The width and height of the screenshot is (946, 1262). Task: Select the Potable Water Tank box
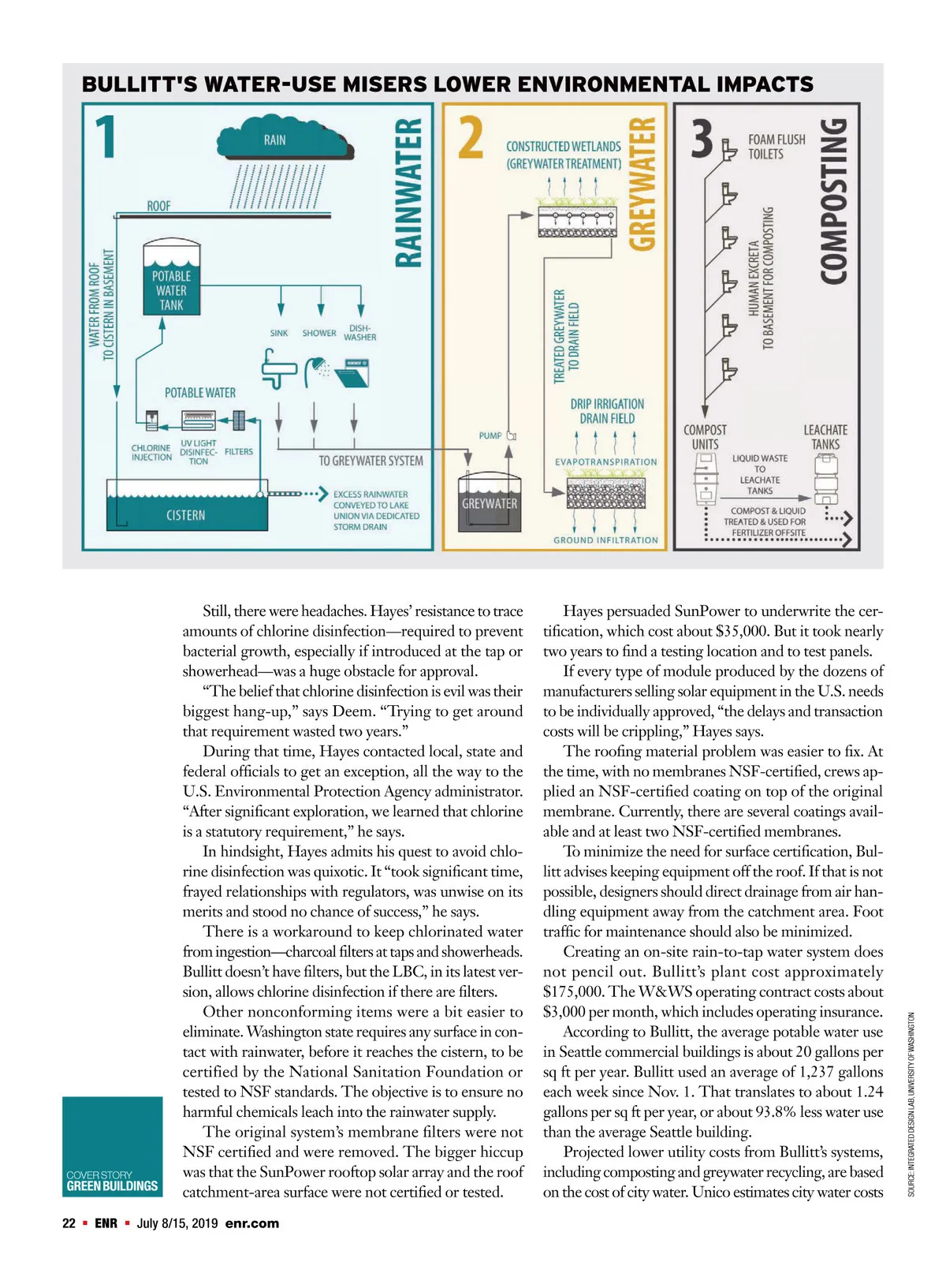tap(171, 281)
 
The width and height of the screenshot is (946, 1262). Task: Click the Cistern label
tap(185, 515)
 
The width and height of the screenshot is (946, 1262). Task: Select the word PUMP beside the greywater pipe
tap(490, 435)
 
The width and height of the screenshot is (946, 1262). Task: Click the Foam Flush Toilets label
tap(777, 147)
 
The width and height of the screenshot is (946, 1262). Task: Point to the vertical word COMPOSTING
tap(833, 201)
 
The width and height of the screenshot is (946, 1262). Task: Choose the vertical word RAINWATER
tap(409, 193)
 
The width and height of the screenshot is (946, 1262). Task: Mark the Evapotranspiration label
tap(605, 462)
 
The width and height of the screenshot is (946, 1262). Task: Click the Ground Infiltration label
tap(605, 540)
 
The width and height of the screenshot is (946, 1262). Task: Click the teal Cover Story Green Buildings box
tap(112, 1146)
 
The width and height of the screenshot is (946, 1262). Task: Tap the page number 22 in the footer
tap(69, 1223)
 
